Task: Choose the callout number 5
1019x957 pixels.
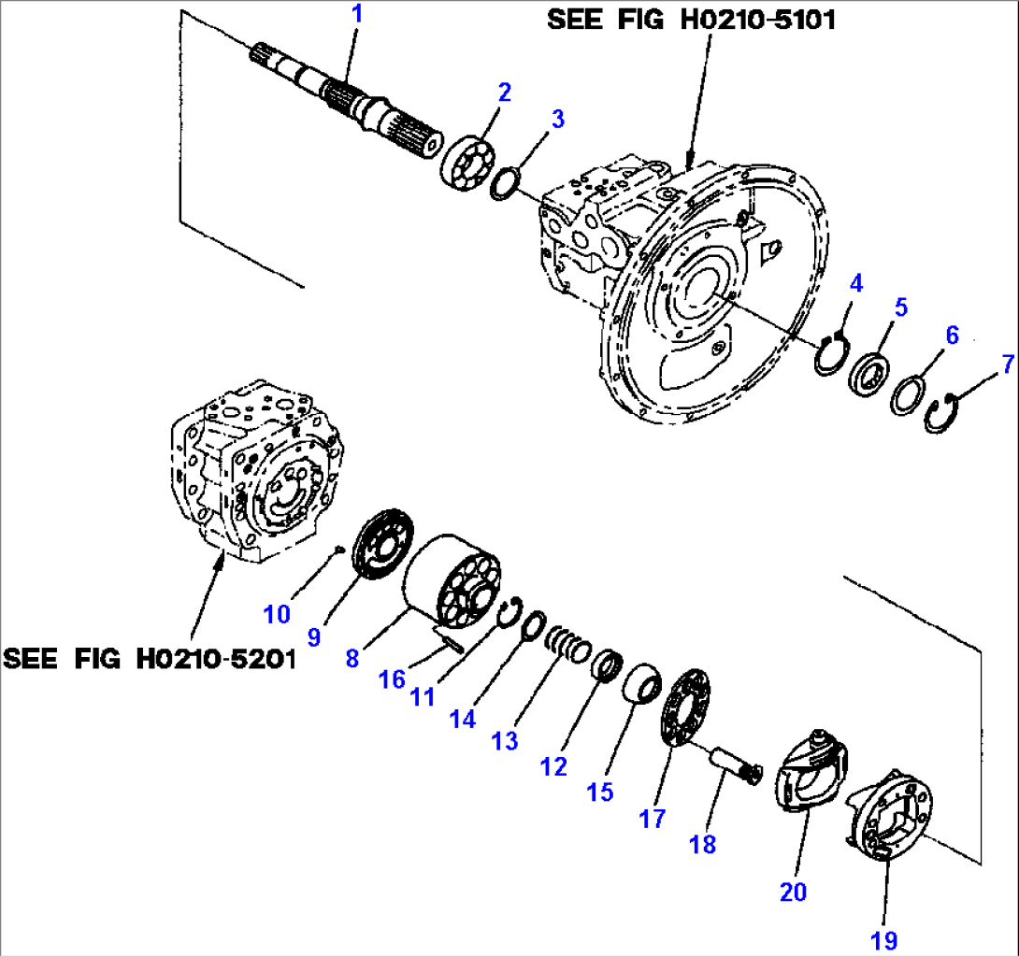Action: [x=899, y=307]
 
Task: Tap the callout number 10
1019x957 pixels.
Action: [x=276, y=614]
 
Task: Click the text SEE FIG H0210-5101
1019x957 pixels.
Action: [x=692, y=20]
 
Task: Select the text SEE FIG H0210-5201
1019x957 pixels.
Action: [x=150, y=659]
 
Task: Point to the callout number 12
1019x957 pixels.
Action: [x=553, y=767]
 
